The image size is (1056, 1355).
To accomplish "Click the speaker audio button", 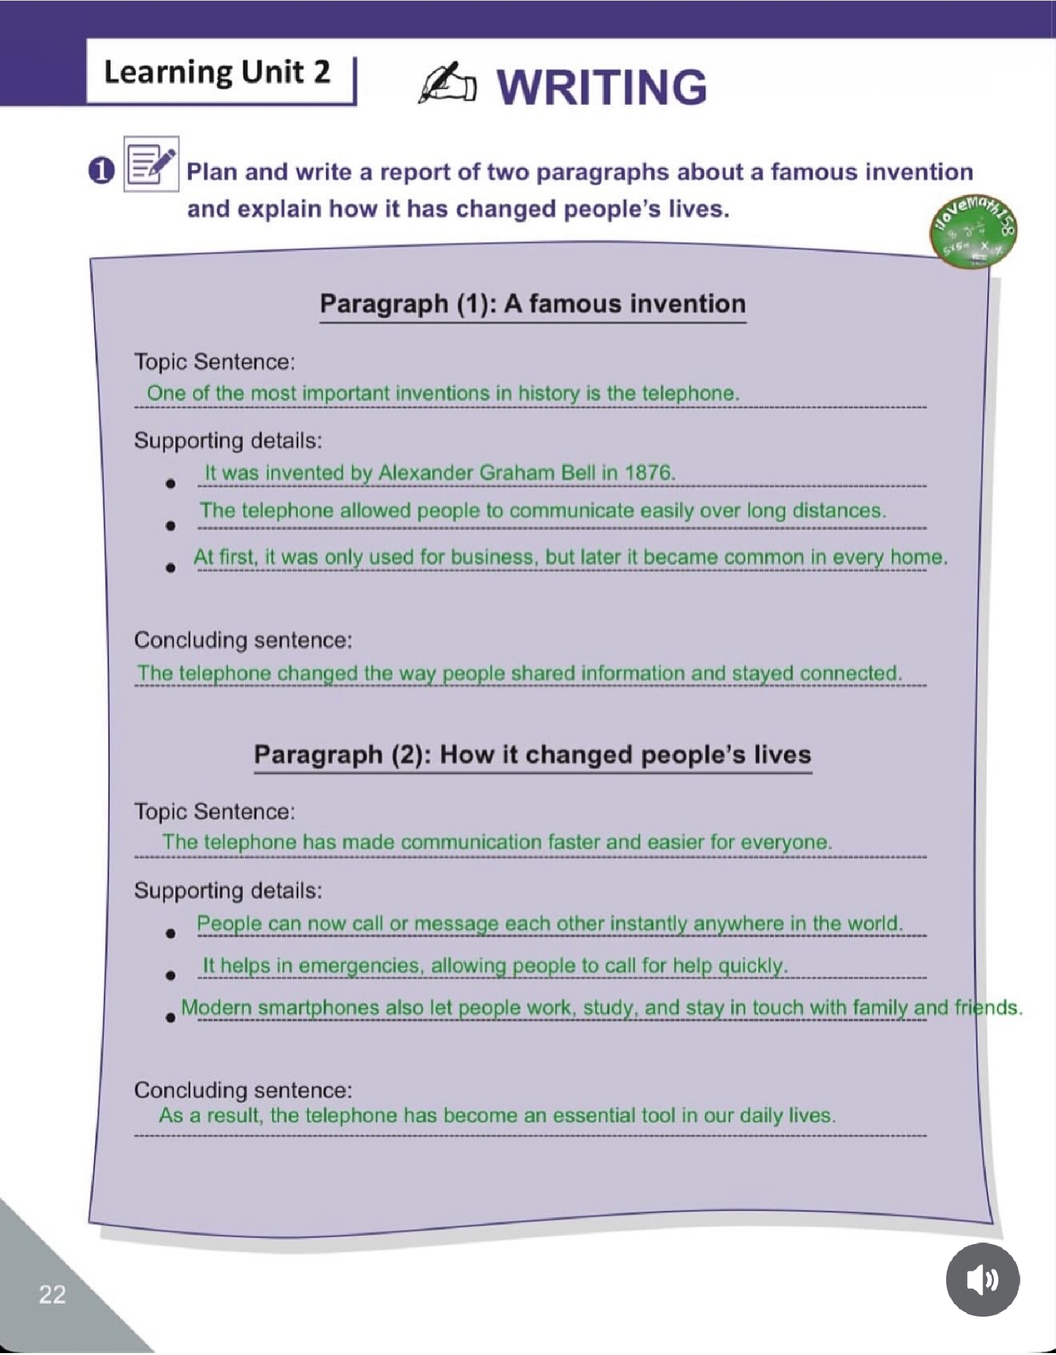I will (x=982, y=1280).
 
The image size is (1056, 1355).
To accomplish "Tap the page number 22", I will (x=52, y=1294).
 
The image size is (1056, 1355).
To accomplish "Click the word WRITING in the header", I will (x=602, y=87).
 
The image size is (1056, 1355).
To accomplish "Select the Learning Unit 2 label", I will (x=217, y=72).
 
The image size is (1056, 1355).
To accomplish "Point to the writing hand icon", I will (x=446, y=84).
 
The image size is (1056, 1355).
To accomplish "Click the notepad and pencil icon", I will (x=151, y=164).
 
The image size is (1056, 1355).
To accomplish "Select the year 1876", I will (x=649, y=473).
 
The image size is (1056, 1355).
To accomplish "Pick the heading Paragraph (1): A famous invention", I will (x=532, y=303).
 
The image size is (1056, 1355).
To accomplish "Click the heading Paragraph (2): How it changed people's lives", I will (x=532, y=754).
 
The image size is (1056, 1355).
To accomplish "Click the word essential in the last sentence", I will (x=596, y=1115).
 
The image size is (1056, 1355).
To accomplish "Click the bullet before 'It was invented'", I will (x=170, y=484).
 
